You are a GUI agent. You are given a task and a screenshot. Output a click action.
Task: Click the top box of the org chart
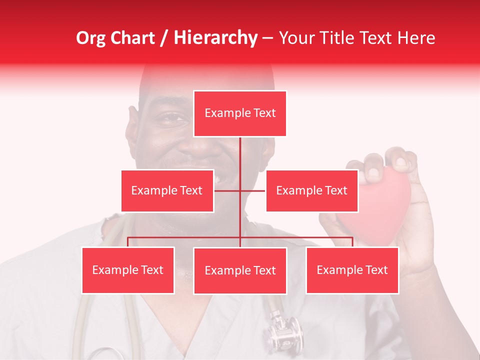[240, 113]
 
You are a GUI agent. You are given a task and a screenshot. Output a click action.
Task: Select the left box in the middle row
[167, 190]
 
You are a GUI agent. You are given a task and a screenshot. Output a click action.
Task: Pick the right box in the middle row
[311, 190]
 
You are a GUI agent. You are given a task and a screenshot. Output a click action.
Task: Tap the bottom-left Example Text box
[128, 270]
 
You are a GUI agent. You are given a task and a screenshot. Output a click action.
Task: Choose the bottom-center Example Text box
[240, 270]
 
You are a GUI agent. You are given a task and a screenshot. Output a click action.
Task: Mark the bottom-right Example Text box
[352, 270]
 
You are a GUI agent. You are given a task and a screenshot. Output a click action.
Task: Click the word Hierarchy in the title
[215, 38]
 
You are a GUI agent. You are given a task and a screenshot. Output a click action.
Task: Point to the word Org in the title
[91, 38]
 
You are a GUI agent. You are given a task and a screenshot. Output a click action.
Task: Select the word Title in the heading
[340, 38]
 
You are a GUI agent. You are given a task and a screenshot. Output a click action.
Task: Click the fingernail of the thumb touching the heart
[372, 173]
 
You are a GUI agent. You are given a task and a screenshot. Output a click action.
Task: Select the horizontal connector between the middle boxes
[240, 190]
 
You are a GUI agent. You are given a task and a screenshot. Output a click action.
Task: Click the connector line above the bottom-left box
[128, 241]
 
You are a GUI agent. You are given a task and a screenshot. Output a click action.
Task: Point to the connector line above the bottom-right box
[352, 241]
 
